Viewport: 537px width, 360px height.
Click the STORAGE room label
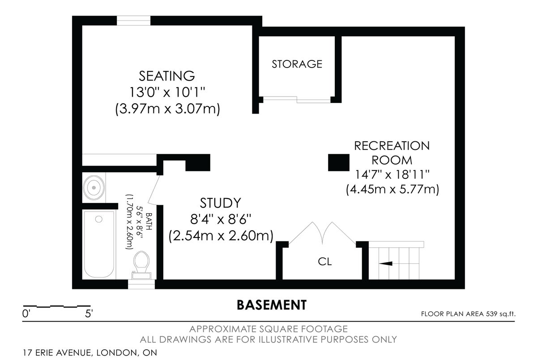click(297, 64)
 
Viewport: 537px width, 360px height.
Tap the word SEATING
click(167, 76)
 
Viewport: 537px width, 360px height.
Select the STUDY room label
click(220, 203)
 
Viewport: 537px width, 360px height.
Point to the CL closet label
click(325, 262)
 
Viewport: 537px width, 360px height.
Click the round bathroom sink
click(94, 187)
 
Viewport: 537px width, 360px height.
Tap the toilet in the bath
click(141, 265)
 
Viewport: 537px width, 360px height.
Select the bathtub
click(99, 244)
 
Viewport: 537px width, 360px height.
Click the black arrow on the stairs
click(385, 263)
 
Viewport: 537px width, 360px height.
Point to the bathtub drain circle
click(99, 219)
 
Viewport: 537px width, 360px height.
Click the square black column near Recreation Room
click(338, 162)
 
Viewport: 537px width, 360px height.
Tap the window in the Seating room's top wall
click(133, 21)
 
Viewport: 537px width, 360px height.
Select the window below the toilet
click(141, 284)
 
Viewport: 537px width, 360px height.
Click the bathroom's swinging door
click(154, 190)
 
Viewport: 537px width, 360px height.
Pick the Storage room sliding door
click(297, 100)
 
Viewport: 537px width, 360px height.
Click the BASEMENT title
click(272, 305)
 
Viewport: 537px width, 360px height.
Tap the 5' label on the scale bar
click(89, 314)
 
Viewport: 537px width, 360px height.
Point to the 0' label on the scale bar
click(26, 314)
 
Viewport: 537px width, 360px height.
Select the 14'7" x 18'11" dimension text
click(392, 174)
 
